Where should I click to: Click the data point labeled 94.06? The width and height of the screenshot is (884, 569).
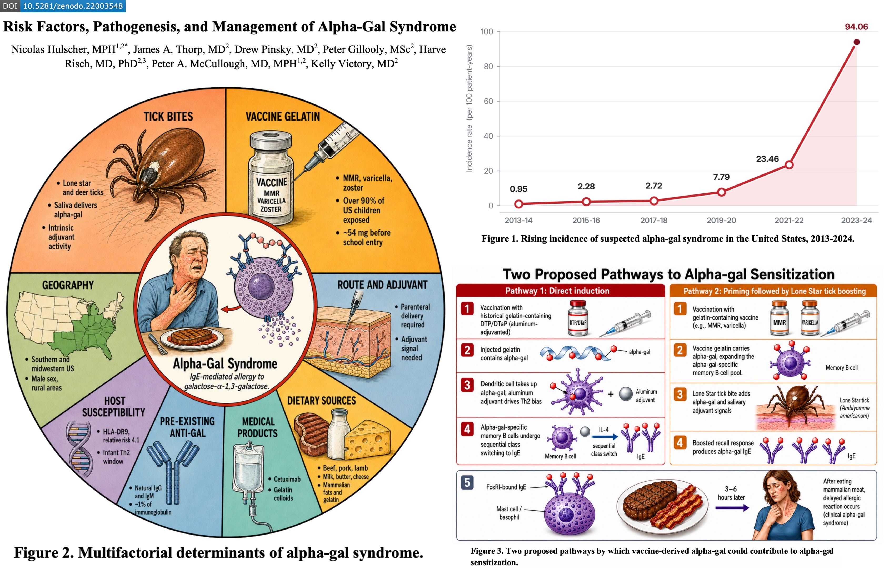click(856, 42)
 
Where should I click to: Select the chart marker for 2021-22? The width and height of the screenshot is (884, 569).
click(789, 165)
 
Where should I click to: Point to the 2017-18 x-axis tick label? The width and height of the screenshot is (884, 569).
click(653, 221)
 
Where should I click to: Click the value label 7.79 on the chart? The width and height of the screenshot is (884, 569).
click(721, 177)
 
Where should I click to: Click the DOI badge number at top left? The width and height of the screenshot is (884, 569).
click(73, 6)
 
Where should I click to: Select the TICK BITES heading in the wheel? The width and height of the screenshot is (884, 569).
click(168, 117)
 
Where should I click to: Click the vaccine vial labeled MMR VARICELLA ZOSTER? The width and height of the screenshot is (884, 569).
click(272, 177)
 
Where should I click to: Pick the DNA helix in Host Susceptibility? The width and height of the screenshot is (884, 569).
click(79, 449)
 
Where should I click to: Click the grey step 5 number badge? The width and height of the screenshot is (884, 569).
click(467, 482)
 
